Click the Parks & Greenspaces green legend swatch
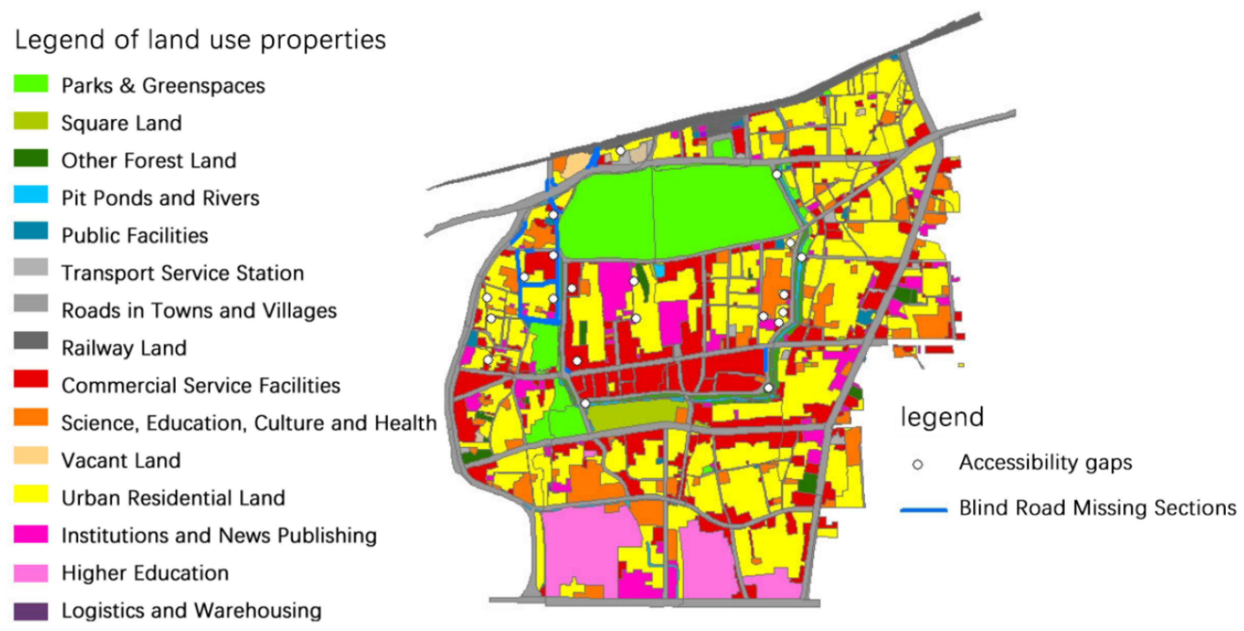pyautogui.click(x=31, y=83)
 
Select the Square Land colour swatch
pyautogui.click(x=31, y=121)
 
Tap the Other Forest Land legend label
pyautogui.click(x=149, y=160)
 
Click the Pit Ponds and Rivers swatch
pyautogui.click(x=31, y=195)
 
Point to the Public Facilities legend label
pyautogui.click(x=135, y=236)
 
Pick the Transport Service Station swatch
pyautogui.click(x=31, y=267)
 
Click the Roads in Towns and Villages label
pyautogui.click(x=199, y=311)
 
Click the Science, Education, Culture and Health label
pyautogui.click(x=249, y=423)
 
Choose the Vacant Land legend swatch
pyautogui.click(x=31, y=456)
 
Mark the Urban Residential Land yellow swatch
pyautogui.click(x=31, y=494)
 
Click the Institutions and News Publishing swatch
pyautogui.click(x=31, y=534)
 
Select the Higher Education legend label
pyautogui.click(x=145, y=573)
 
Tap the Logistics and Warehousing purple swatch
pyautogui.click(x=31, y=611)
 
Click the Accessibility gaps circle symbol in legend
pyautogui.click(x=917, y=464)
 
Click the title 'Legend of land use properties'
pyautogui.click(x=200, y=40)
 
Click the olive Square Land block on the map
pyautogui.click(x=633, y=415)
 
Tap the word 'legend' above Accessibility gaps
pyautogui.click(x=942, y=418)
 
